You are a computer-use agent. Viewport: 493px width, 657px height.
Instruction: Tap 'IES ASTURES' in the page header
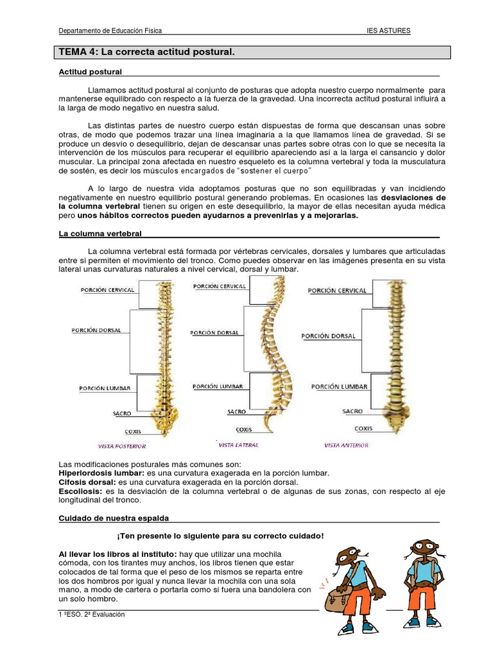[388, 30]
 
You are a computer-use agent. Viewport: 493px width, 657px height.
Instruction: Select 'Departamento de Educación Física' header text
[110, 30]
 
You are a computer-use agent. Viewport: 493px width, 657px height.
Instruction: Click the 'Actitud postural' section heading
[90, 71]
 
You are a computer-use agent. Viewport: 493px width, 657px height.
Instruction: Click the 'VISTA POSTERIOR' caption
[122, 446]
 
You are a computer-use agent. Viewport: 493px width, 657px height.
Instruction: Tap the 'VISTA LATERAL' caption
[239, 445]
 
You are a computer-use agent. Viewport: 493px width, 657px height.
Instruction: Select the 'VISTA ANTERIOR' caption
[347, 445]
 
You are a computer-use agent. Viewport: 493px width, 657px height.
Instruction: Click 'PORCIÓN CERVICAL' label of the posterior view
[108, 290]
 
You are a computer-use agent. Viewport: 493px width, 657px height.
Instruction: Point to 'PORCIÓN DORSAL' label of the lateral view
[215, 332]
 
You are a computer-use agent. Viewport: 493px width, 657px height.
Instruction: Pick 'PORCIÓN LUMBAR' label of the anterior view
[339, 387]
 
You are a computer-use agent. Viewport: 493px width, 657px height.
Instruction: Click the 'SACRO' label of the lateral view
[236, 412]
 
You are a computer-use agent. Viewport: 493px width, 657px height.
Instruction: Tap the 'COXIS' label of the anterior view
[363, 428]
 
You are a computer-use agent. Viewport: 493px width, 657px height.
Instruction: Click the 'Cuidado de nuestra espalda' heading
[114, 518]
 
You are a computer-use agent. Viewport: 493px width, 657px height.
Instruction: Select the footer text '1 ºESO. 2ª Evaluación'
[91, 614]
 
